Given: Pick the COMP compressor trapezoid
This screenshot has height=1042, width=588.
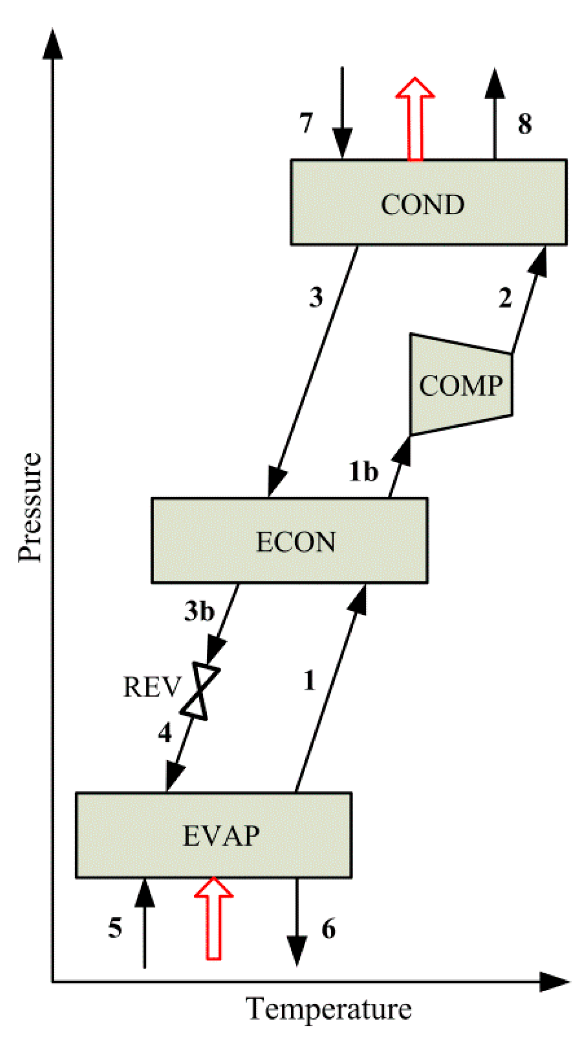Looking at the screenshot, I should (x=461, y=384).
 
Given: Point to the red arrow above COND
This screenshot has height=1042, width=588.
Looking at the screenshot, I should (x=415, y=119).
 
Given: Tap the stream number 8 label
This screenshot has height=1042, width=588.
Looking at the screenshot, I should (x=525, y=124).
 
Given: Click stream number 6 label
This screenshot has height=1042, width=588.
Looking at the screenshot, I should (x=328, y=929).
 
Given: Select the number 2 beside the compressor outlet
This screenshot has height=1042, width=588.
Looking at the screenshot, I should (x=505, y=298).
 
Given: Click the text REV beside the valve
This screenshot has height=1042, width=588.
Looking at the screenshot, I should (x=152, y=687).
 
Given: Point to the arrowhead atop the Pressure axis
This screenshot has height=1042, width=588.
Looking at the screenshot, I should (x=53, y=45).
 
